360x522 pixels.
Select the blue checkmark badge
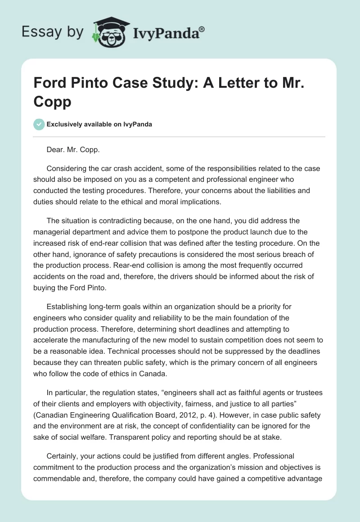(39, 124)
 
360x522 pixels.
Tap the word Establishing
(69, 307)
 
